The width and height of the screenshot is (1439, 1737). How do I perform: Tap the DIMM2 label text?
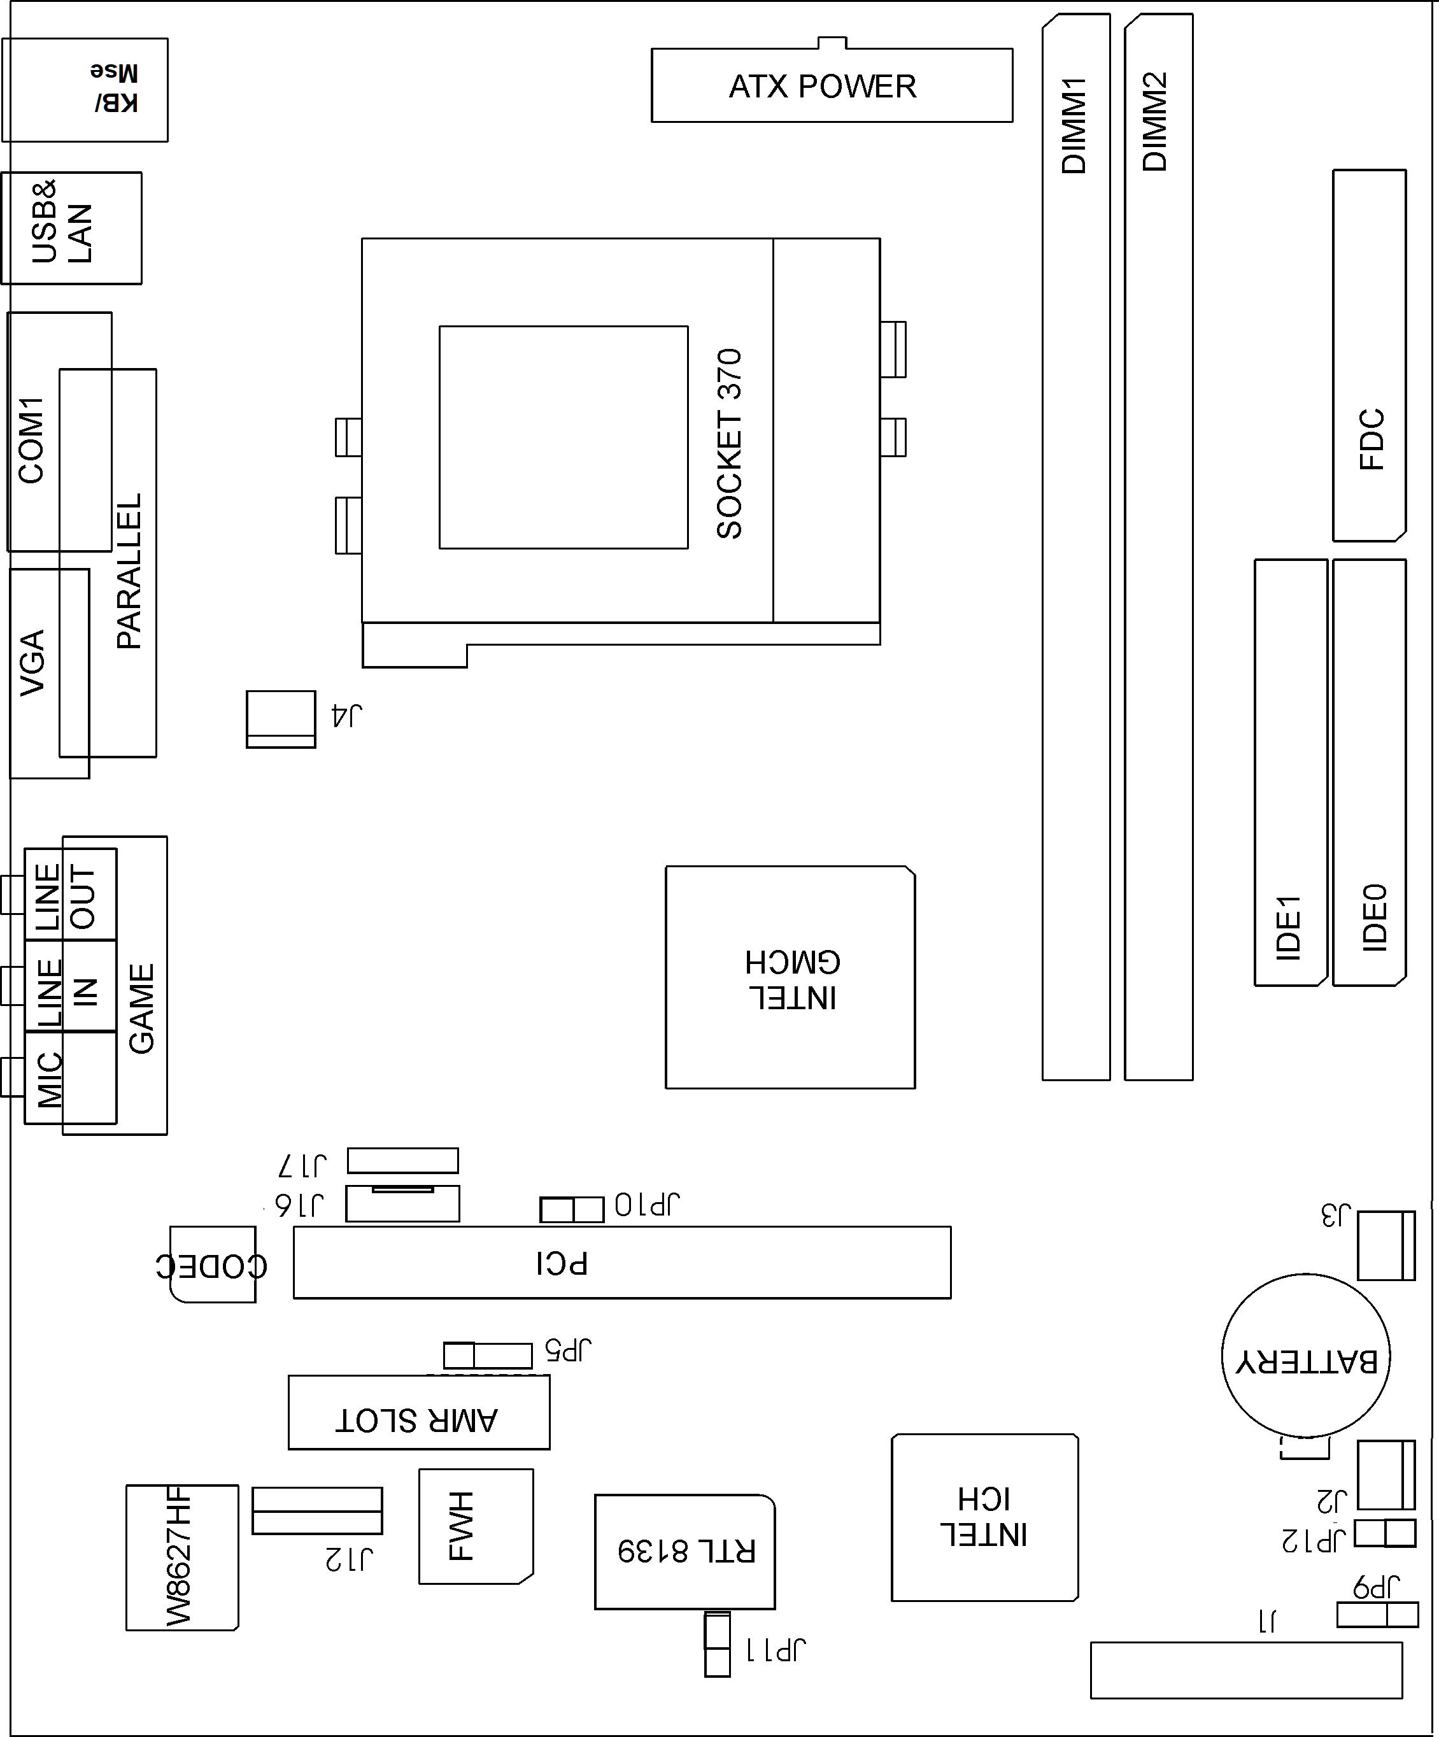1155,122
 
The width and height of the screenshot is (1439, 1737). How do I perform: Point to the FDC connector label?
1372,439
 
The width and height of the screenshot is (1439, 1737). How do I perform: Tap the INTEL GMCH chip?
791,977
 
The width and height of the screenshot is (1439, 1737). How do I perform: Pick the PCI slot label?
562,1263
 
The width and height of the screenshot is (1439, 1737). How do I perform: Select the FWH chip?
476,1526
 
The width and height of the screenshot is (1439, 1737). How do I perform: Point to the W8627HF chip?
182,1557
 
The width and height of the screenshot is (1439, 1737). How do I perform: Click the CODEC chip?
213,1265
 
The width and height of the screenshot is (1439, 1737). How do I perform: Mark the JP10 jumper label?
648,1205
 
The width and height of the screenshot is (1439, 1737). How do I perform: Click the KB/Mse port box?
85,89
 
